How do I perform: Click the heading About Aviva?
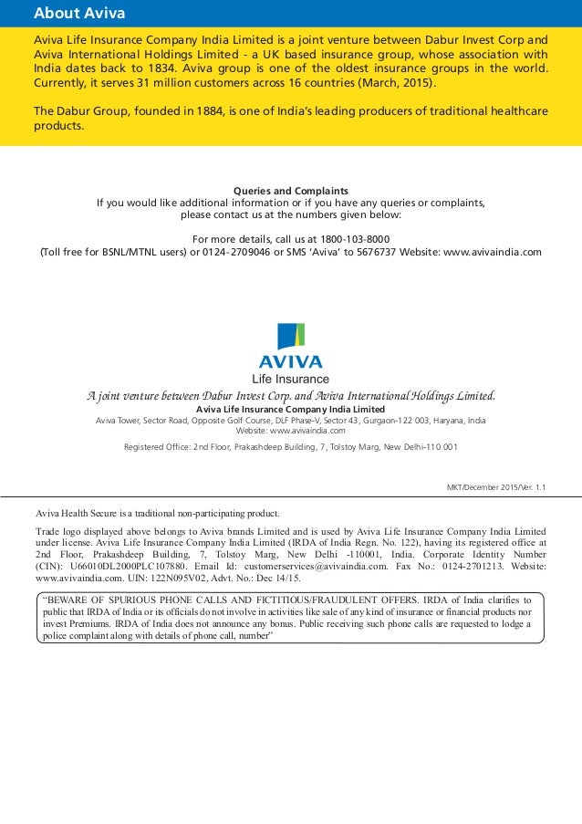point(78,14)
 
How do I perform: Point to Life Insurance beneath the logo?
point(290,379)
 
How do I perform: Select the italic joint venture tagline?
point(291,395)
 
